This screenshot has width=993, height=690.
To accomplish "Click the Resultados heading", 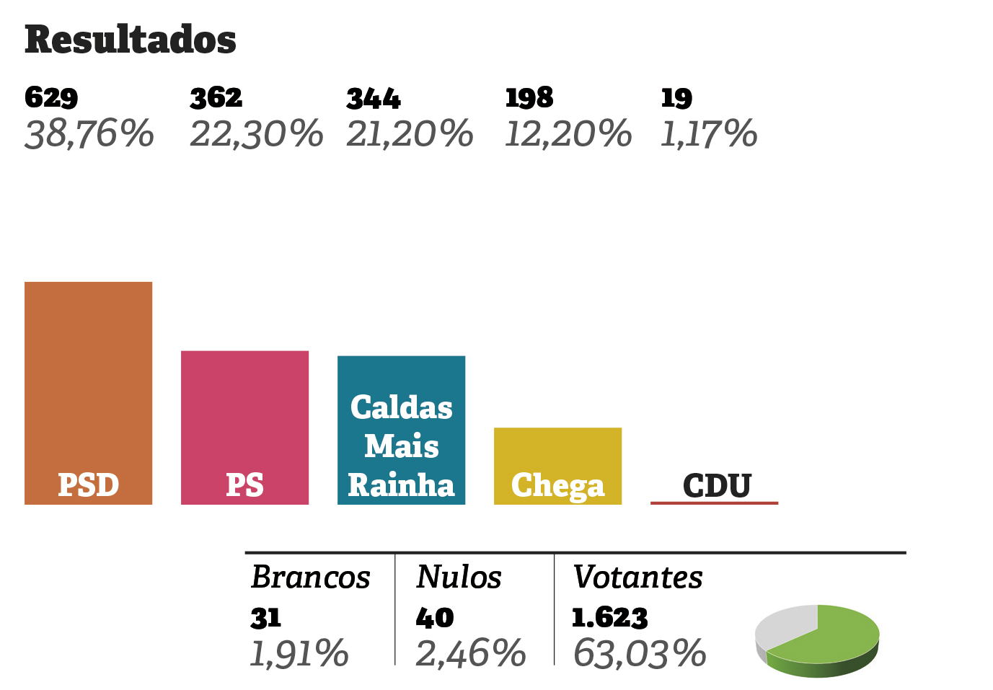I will pyautogui.click(x=131, y=40).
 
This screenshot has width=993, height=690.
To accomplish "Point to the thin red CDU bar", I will pyautogui.click(x=714, y=503).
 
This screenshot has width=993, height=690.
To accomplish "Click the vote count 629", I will pyautogui.click(x=51, y=97).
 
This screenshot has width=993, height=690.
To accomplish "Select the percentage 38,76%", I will pyautogui.click(x=89, y=134).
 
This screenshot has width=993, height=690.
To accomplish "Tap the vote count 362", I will pyautogui.click(x=216, y=97).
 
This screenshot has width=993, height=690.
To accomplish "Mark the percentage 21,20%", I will pyautogui.click(x=410, y=134).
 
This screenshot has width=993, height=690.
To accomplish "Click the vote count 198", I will pyautogui.click(x=529, y=97).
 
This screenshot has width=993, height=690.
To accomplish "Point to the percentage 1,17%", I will pyautogui.click(x=709, y=134).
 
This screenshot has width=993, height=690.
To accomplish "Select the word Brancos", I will pyautogui.click(x=311, y=578).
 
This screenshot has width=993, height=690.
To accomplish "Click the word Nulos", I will pyautogui.click(x=459, y=578).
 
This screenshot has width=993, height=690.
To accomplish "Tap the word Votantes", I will pyautogui.click(x=637, y=578).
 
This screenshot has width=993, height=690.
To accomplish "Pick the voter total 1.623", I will pyautogui.click(x=609, y=618).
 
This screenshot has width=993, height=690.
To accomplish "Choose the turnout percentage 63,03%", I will pyautogui.click(x=640, y=654).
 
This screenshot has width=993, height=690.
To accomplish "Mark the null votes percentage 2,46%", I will pyautogui.click(x=471, y=654).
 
